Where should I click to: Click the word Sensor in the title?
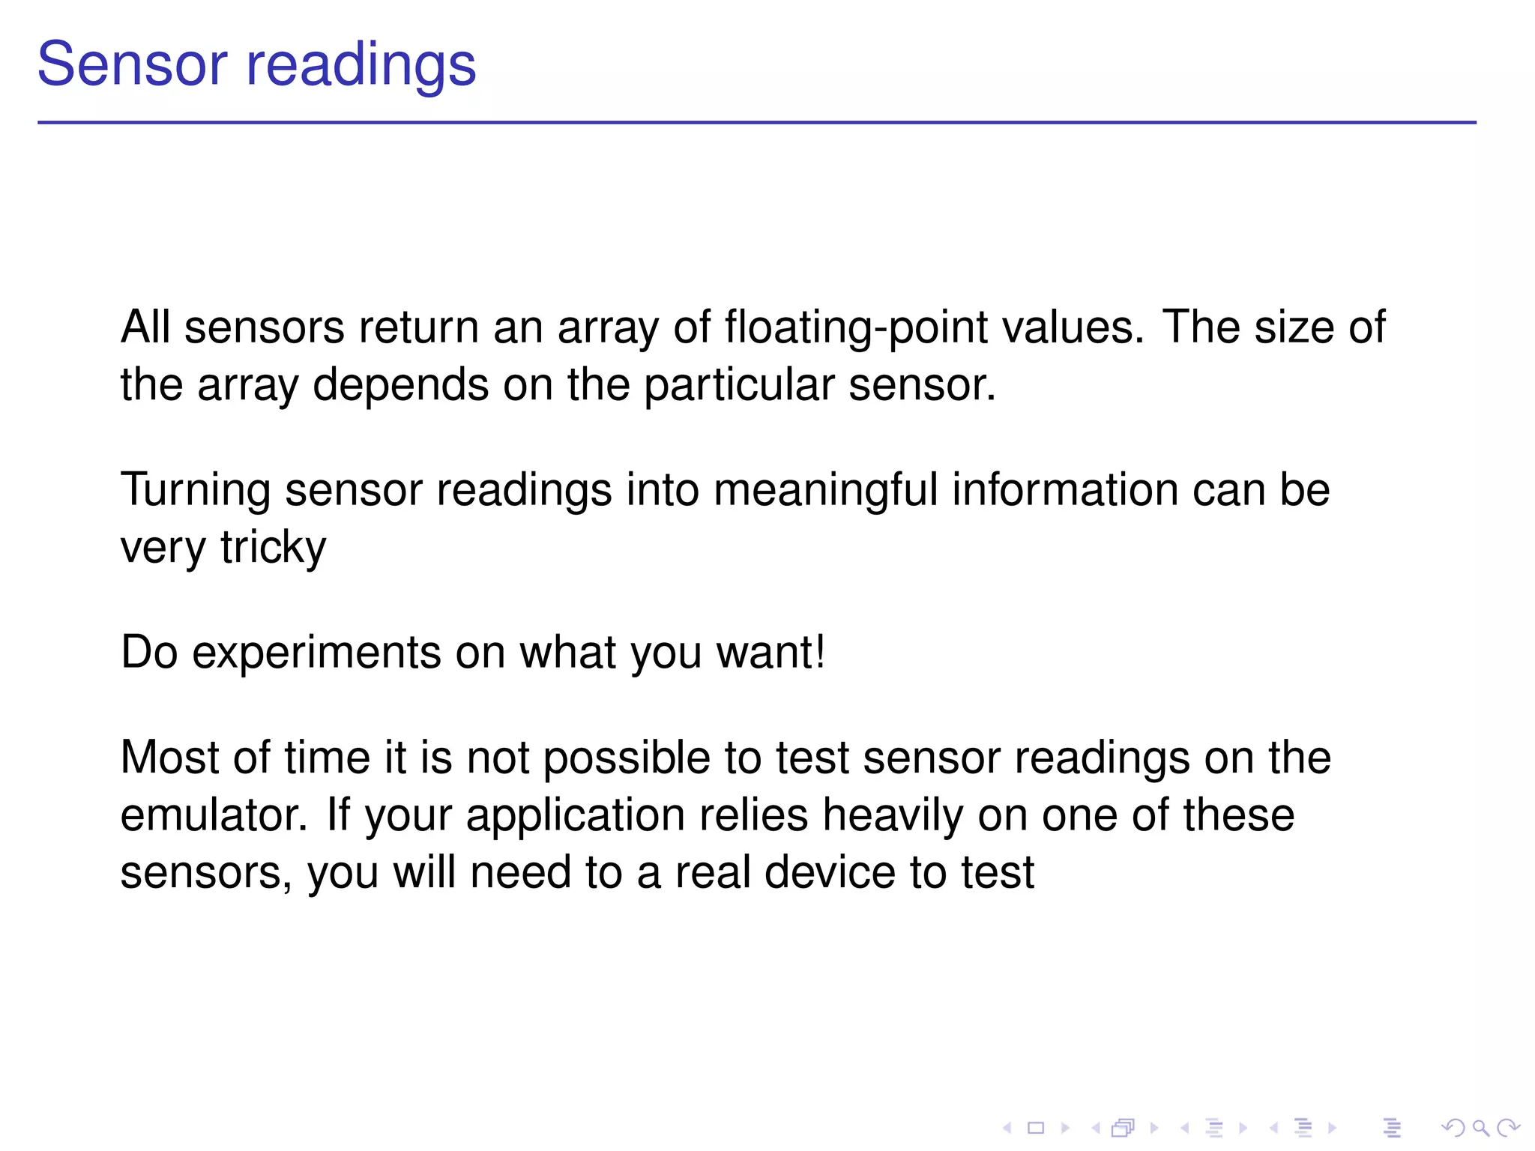132,64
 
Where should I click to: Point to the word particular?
738,386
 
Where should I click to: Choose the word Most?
169,758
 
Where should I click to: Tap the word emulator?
214,815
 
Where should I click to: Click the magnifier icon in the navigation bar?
1480,1128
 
